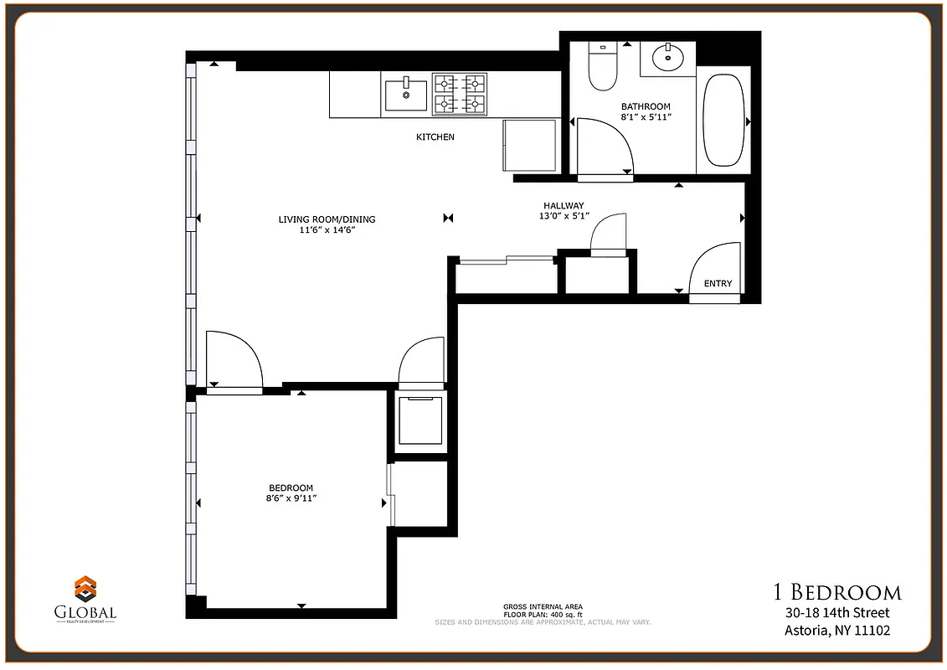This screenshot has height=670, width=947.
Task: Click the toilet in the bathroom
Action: (x=602, y=67)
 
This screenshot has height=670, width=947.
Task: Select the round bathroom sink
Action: (x=667, y=57)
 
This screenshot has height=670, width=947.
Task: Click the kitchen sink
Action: (x=405, y=95)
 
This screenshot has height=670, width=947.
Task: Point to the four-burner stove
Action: (x=460, y=94)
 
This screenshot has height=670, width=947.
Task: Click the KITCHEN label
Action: (x=435, y=137)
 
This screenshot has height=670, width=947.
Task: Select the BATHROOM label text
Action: (x=646, y=106)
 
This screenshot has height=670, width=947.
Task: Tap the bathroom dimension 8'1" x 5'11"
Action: (x=646, y=118)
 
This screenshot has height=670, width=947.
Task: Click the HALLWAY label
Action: (x=564, y=205)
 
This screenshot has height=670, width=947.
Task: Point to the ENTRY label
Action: (x=718, y=284)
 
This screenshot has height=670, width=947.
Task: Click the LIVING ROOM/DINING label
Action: (x=327, y=219)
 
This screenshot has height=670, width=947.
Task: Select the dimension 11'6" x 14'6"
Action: (x=327, y=231)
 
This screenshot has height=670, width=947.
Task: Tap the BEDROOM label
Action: (x=291, y=488)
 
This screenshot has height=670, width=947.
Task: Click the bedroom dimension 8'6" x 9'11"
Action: (x=291, y=499)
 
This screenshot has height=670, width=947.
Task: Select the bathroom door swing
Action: (x=603, y=147)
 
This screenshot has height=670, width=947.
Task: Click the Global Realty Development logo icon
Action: (x=85, y=588)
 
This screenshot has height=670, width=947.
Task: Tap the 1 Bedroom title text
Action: (x=836, y=593)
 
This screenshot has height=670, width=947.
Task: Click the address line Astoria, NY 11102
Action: (x=836, y=631)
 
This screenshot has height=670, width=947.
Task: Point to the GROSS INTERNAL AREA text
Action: (x=543, y=606)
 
